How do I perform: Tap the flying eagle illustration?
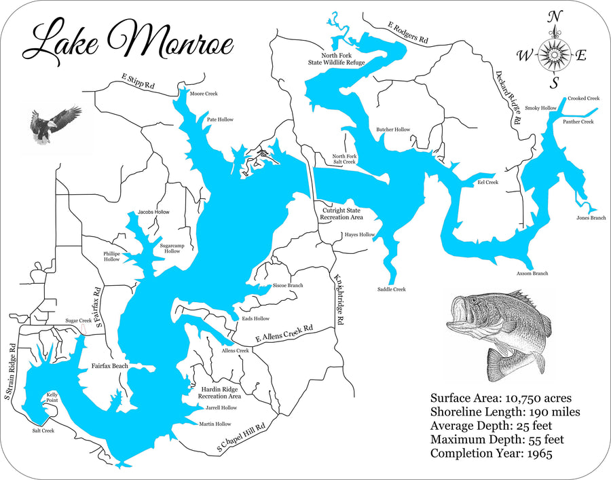[x=54, y=124]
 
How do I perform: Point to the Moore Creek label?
[x=204, y=94]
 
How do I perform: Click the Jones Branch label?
[x=591, y=218]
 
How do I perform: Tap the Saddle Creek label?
[x=391, y=289]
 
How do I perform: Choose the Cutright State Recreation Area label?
[x=342, y=215]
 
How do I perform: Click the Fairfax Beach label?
[x=110, y=366]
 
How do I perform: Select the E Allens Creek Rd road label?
[x=284, y=333]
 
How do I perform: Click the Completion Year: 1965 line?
[x=492, y=453]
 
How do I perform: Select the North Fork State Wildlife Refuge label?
[x=337, y=58]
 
